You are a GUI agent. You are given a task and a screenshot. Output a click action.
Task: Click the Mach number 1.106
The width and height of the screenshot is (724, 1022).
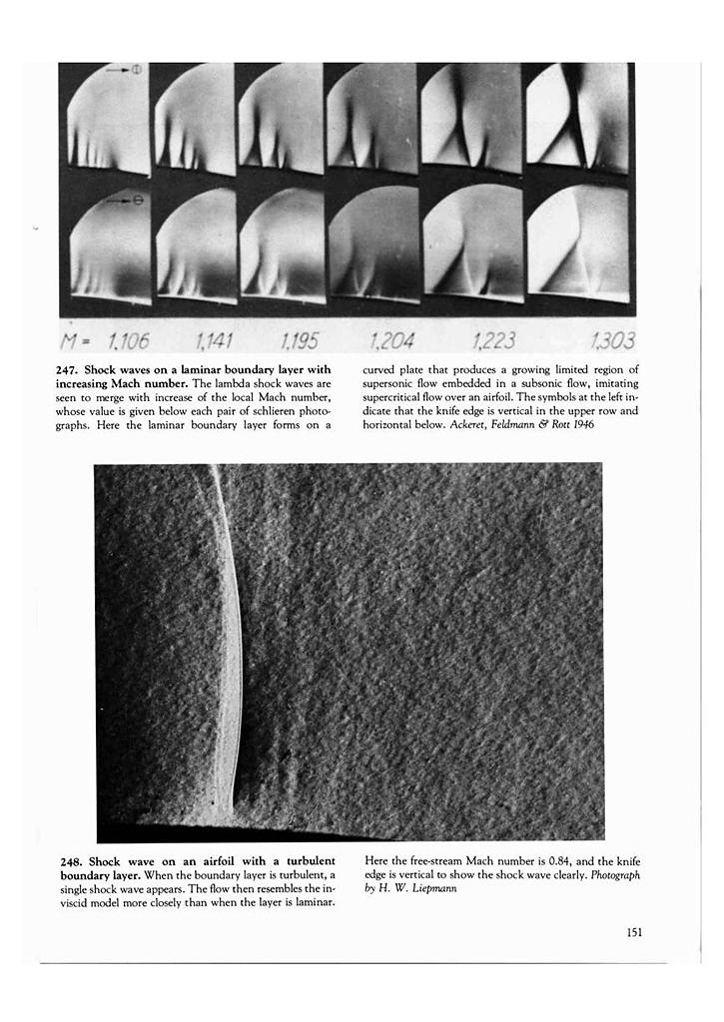pyautogui.click(x=128, y=342)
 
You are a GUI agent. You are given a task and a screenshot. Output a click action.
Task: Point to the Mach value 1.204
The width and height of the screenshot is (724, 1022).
pyautogui.click(x=390, y=342)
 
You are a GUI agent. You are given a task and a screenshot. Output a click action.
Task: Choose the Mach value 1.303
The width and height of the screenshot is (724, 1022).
pyautogui.click(x=611, y=342)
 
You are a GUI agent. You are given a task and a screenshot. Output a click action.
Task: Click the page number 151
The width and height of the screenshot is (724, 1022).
pyautogui.click(x=633, y=933)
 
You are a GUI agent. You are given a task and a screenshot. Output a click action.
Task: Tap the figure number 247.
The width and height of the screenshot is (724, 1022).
pyautogui.click(x=70, y=369)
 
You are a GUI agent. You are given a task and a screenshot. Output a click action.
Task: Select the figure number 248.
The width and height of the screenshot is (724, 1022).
pyautogui.click(x=70, y=860)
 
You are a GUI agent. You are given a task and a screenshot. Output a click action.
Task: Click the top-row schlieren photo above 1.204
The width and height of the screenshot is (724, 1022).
pyautogui.click(x=373, y=118)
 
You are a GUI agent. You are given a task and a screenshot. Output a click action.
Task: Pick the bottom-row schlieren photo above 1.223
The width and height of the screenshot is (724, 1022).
pyautogui.click(x=473, y=242)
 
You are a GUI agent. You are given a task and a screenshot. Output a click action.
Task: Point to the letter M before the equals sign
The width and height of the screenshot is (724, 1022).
pyautogui.click(x=70, y=343)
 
